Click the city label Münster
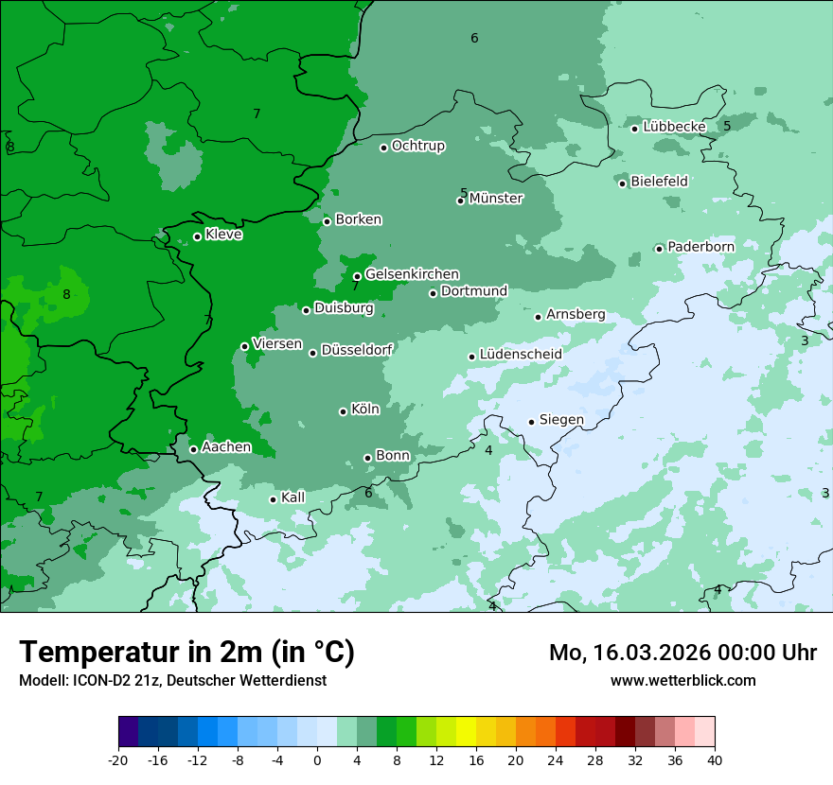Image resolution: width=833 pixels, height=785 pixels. pos(496,199)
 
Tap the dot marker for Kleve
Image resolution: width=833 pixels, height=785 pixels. pos(197,236)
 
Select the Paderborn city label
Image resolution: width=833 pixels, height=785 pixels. pos(700,247)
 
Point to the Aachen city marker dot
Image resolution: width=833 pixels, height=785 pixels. pos(193,449)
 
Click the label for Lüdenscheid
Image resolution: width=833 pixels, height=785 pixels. pos(521,355)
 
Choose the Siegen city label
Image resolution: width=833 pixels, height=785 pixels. pos(561,420)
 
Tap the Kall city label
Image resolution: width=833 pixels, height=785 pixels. pos(293,497)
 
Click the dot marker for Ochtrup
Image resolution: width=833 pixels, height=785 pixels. pos(383,148)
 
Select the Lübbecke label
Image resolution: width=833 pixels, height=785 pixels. pos(674,127)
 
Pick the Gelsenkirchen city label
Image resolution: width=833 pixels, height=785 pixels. pos(412,274)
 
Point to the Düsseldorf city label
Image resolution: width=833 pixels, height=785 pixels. pos(357,350)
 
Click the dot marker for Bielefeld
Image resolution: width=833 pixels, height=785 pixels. pos(622,183)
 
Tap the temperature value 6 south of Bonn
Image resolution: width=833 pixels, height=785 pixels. pos(368,493)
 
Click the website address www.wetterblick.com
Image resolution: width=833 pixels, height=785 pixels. pos(682,681)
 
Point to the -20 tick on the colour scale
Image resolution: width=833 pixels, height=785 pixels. pos(118,760)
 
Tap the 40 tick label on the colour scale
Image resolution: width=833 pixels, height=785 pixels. pos(715,760)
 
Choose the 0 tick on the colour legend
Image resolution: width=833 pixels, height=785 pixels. pos(317,760)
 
